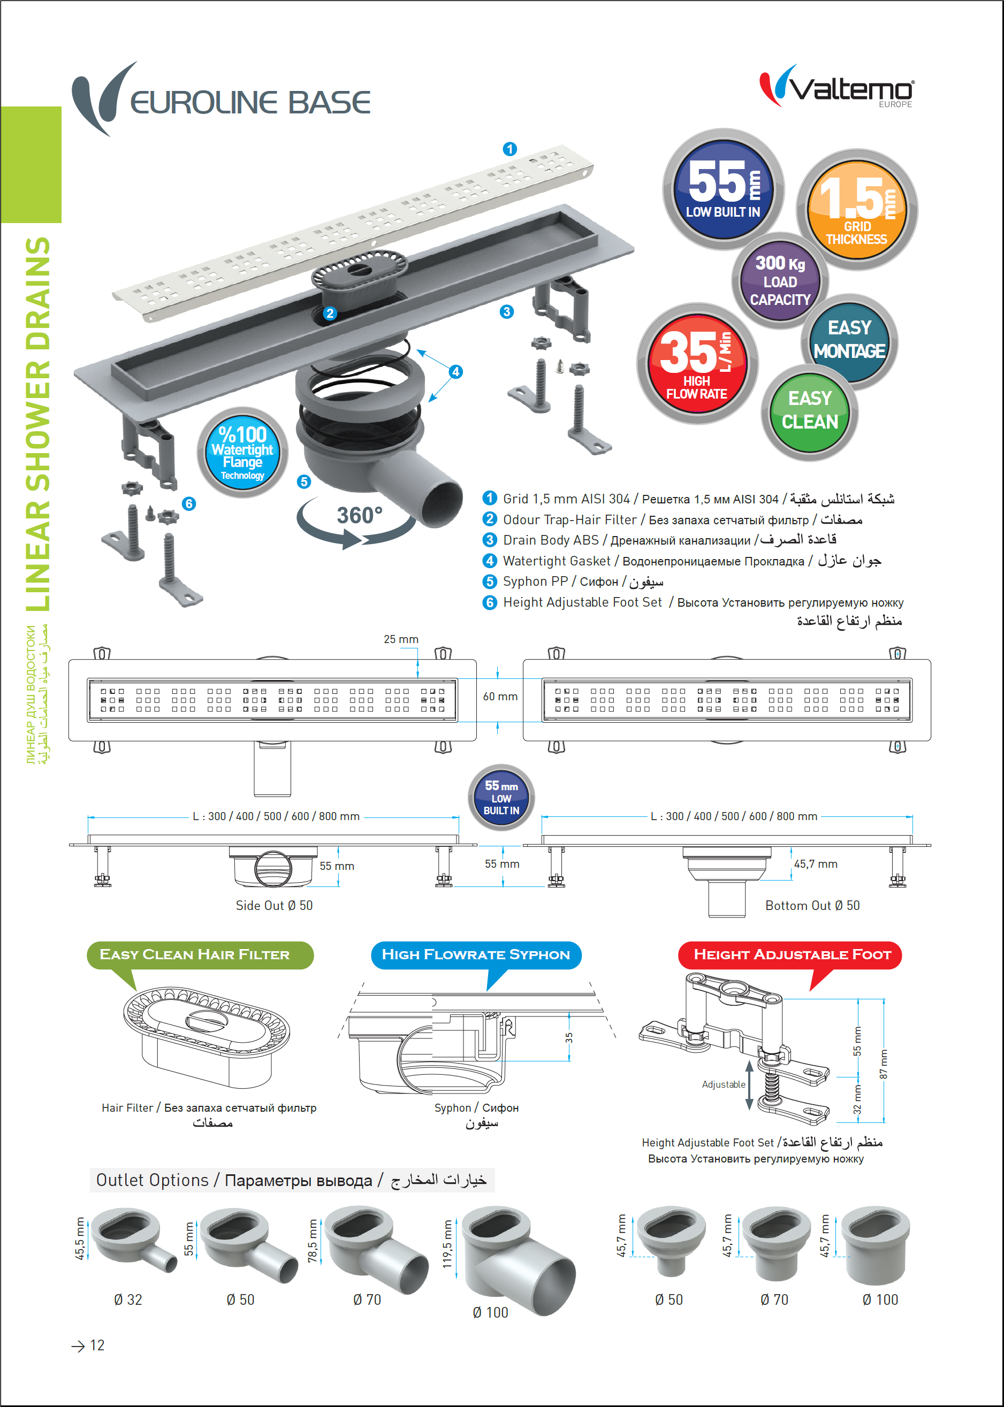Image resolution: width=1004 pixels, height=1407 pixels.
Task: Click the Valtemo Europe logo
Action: click(837, 88)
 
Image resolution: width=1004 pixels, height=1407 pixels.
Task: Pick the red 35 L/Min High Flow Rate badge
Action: click(697, 364)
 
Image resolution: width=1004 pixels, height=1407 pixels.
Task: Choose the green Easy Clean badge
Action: click(809, 411)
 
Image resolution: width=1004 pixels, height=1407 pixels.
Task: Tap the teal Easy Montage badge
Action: click(849, 340)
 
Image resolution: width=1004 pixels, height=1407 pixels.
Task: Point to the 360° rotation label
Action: click(359, 515)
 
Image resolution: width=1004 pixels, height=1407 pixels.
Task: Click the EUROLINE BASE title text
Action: click(250, 103)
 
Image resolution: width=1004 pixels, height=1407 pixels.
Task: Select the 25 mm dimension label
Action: click(401, 639)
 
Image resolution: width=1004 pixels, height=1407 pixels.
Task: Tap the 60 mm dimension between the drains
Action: click(500, 697)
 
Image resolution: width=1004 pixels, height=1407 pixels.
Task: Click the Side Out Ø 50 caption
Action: click(274, 905)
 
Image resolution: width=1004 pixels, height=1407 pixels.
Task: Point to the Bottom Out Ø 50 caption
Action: click(812, 905)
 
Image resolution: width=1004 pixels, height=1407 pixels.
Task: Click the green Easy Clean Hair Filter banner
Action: click(195, 955)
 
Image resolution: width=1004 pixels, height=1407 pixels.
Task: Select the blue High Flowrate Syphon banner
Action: click(475, 955)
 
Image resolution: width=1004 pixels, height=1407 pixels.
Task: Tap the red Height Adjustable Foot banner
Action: click(792, 955)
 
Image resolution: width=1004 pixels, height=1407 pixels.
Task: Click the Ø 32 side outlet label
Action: click(128, 1299)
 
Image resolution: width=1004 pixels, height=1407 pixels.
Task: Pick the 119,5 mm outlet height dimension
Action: click(447, 1244)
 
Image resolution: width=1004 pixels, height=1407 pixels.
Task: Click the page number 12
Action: click(96, 1345)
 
